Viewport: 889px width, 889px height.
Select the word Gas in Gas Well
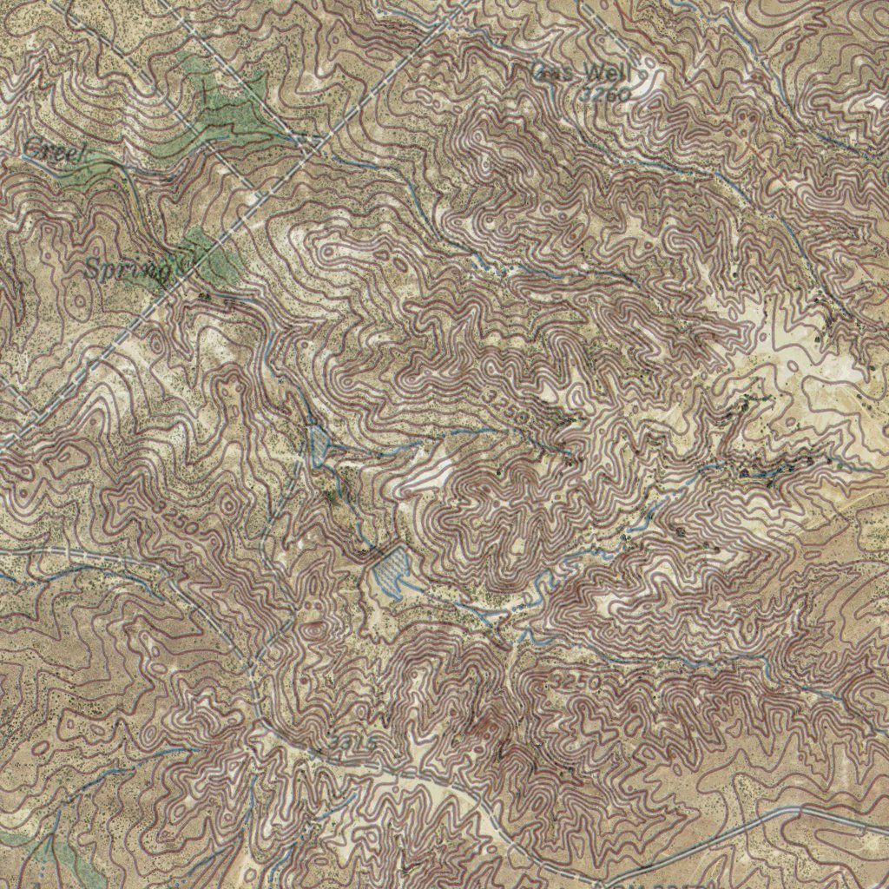pos(556,73)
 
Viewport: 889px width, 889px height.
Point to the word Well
pos(609,73)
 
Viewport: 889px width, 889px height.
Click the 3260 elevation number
pos(605,95)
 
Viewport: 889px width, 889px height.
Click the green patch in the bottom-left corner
pos(61,859)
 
